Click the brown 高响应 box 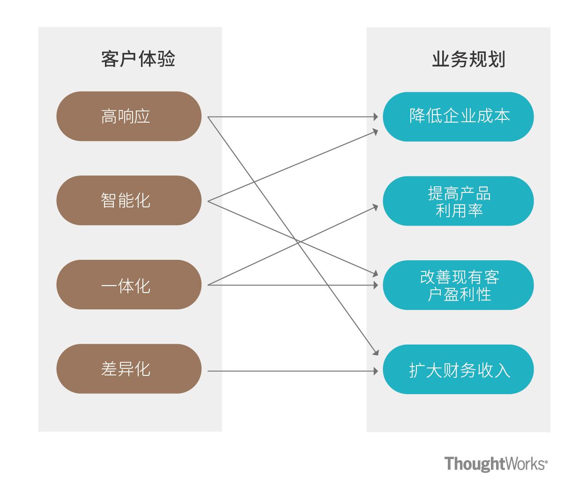click(x=129, y=116)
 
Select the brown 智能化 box click(x=129, y=200)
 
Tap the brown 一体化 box click(x=129, y=285)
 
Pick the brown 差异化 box click(x=129, y=369)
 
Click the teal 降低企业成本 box click(x=458, y=117)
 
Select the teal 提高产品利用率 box click(x=458, y=201)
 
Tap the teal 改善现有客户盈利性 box click(x=458, y=285)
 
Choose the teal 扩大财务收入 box click(x=458, y=369)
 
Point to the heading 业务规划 click(x=468, y=60)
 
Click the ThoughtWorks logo click(x=495, y=464)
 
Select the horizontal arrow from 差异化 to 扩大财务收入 click(x=290, y=371)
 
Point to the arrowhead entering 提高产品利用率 click(x=375, y=206)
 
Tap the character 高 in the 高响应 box click(x=109, y=116)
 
